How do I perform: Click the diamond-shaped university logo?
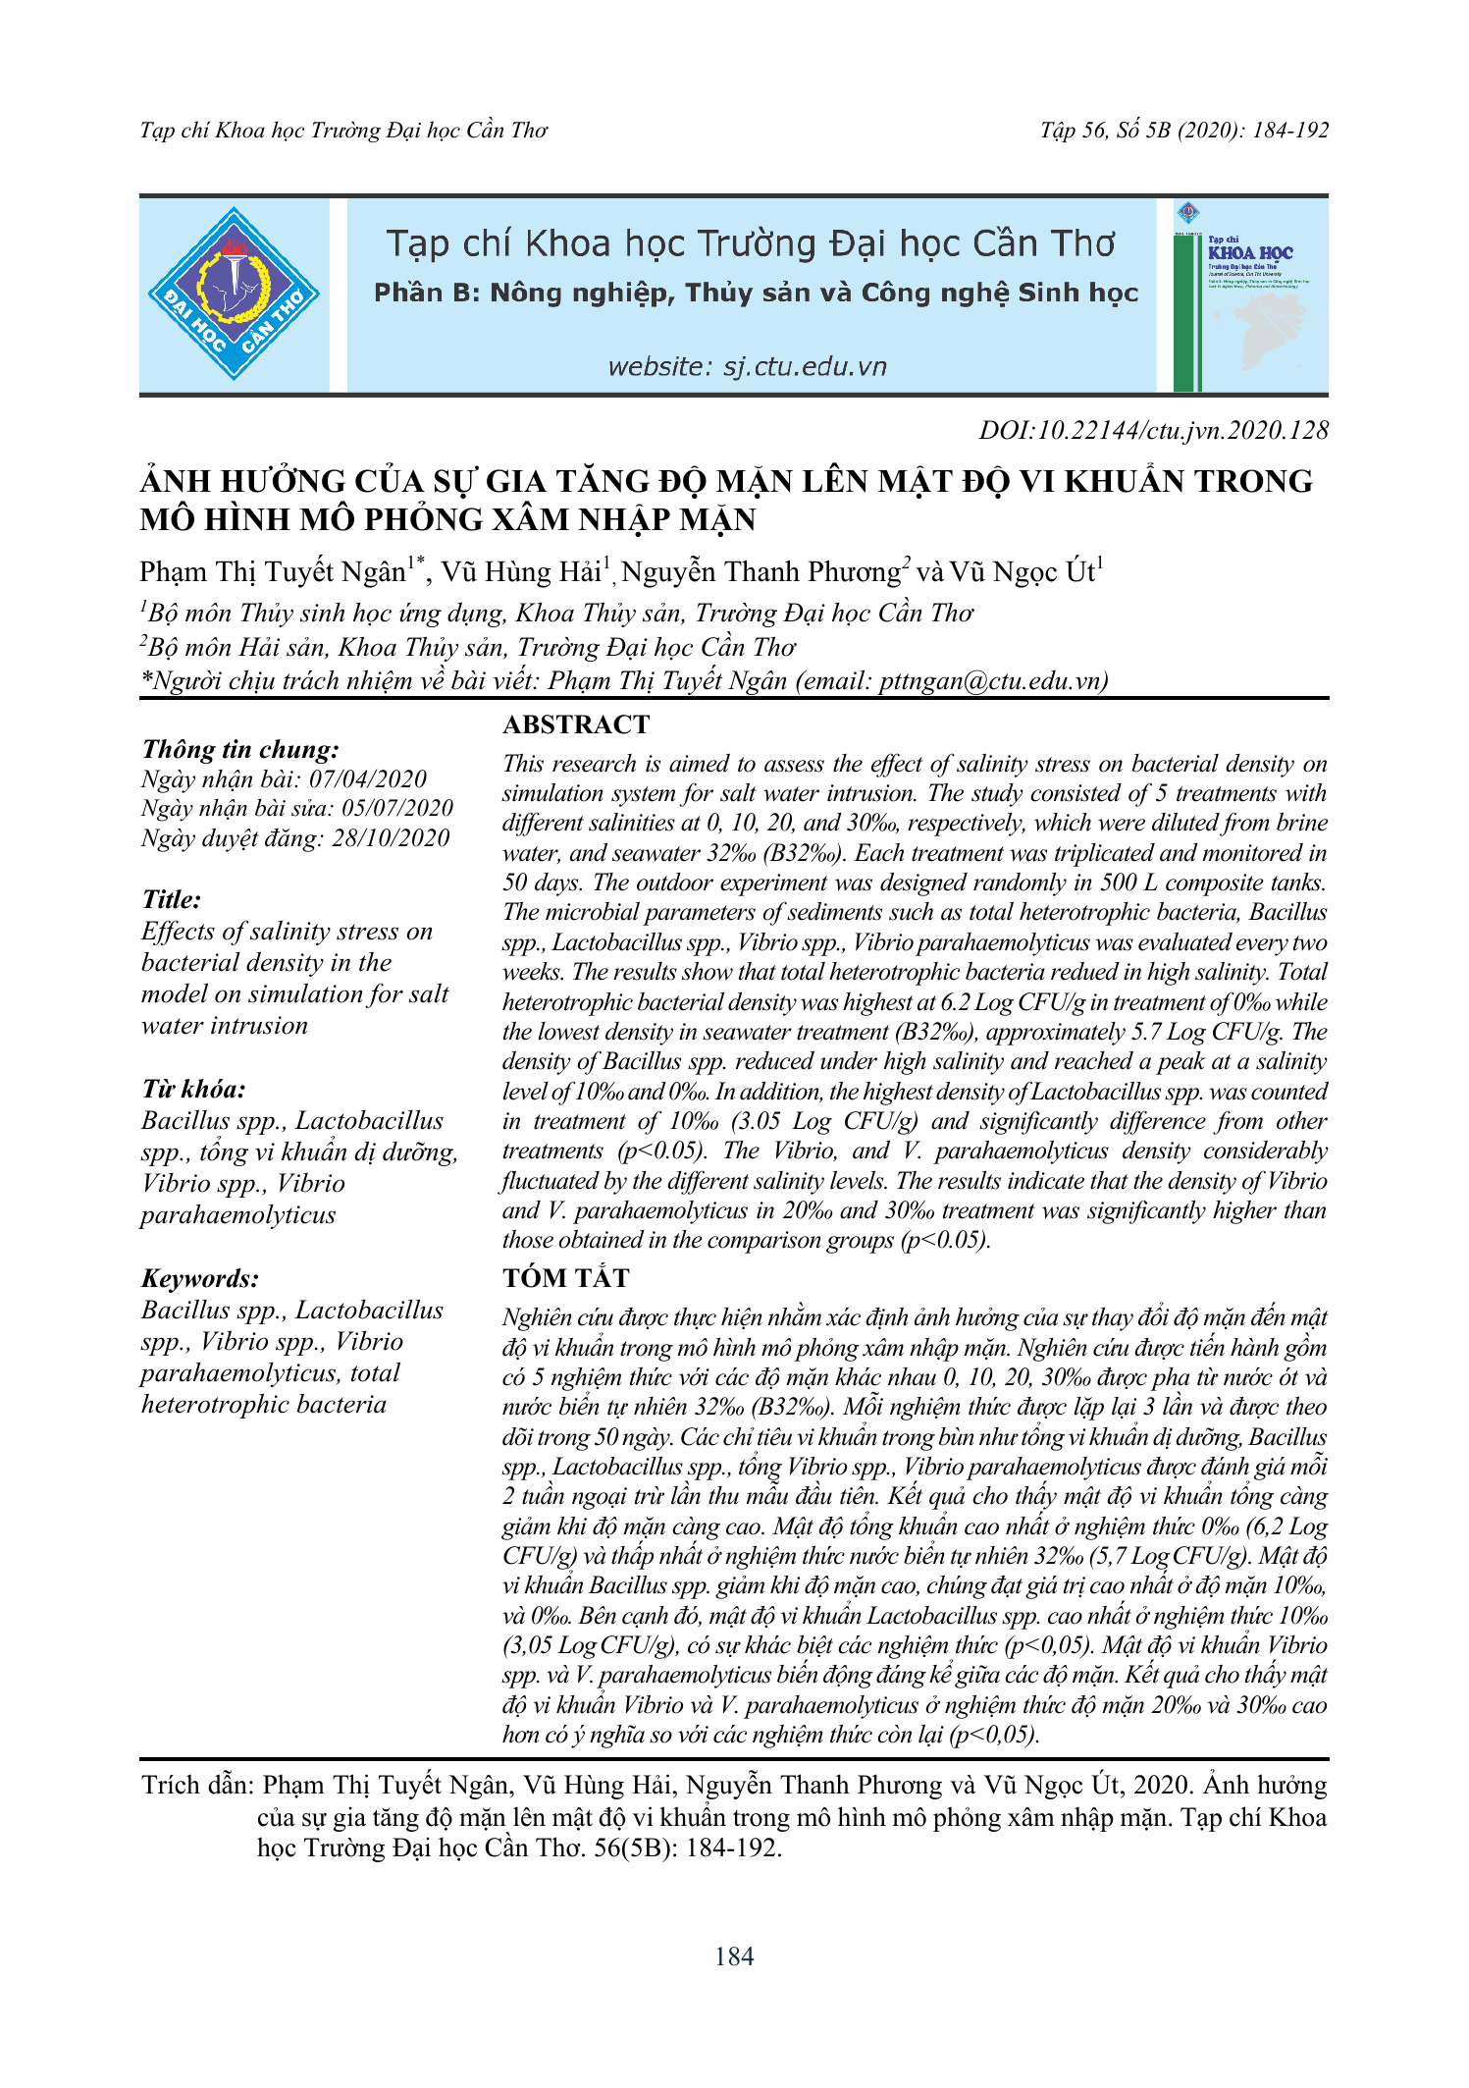click(234, 294)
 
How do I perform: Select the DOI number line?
click(1153, 430)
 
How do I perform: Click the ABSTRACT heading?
click(576, 724)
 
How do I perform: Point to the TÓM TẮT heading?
click(566, 1278)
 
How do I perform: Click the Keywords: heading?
click(200, 1278)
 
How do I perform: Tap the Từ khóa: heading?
click(193, 1089)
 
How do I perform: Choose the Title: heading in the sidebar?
click(172, 899)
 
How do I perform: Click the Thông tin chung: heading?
click(240, 749)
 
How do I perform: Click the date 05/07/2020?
click(397, 809)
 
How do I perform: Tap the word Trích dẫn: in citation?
click(198, 1786)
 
